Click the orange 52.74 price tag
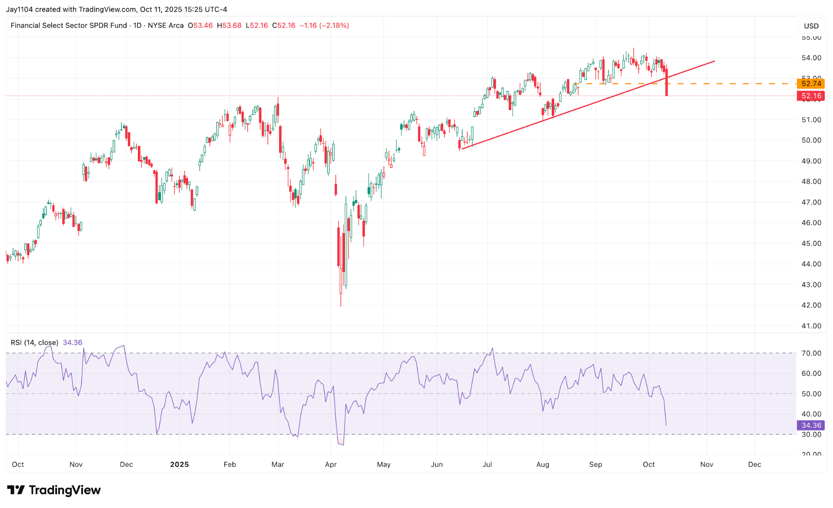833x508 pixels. coord(810,83)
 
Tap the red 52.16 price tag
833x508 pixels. coord(810,96)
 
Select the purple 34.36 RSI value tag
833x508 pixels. coord(810,425)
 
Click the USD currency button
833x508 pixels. coord(811,26)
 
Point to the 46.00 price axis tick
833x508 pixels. coord(811,223)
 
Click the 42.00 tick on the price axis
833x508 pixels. coord(811,305)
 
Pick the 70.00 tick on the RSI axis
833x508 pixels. coord(811,353)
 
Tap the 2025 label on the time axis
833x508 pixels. coord(179,465)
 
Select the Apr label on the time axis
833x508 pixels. coord(330,465)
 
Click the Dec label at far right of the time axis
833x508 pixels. coord(754,465)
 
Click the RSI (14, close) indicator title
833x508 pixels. coord(34,343)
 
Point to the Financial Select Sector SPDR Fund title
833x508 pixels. coord(68,25)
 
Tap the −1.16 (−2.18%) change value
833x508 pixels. coord(324,25)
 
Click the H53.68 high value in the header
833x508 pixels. coord(229,25)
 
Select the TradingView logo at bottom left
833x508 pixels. coord(54,490)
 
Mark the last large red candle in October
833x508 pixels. coord(667,83)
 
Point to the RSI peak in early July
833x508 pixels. coord(492,348)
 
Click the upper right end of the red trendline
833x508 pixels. coord(714,61)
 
